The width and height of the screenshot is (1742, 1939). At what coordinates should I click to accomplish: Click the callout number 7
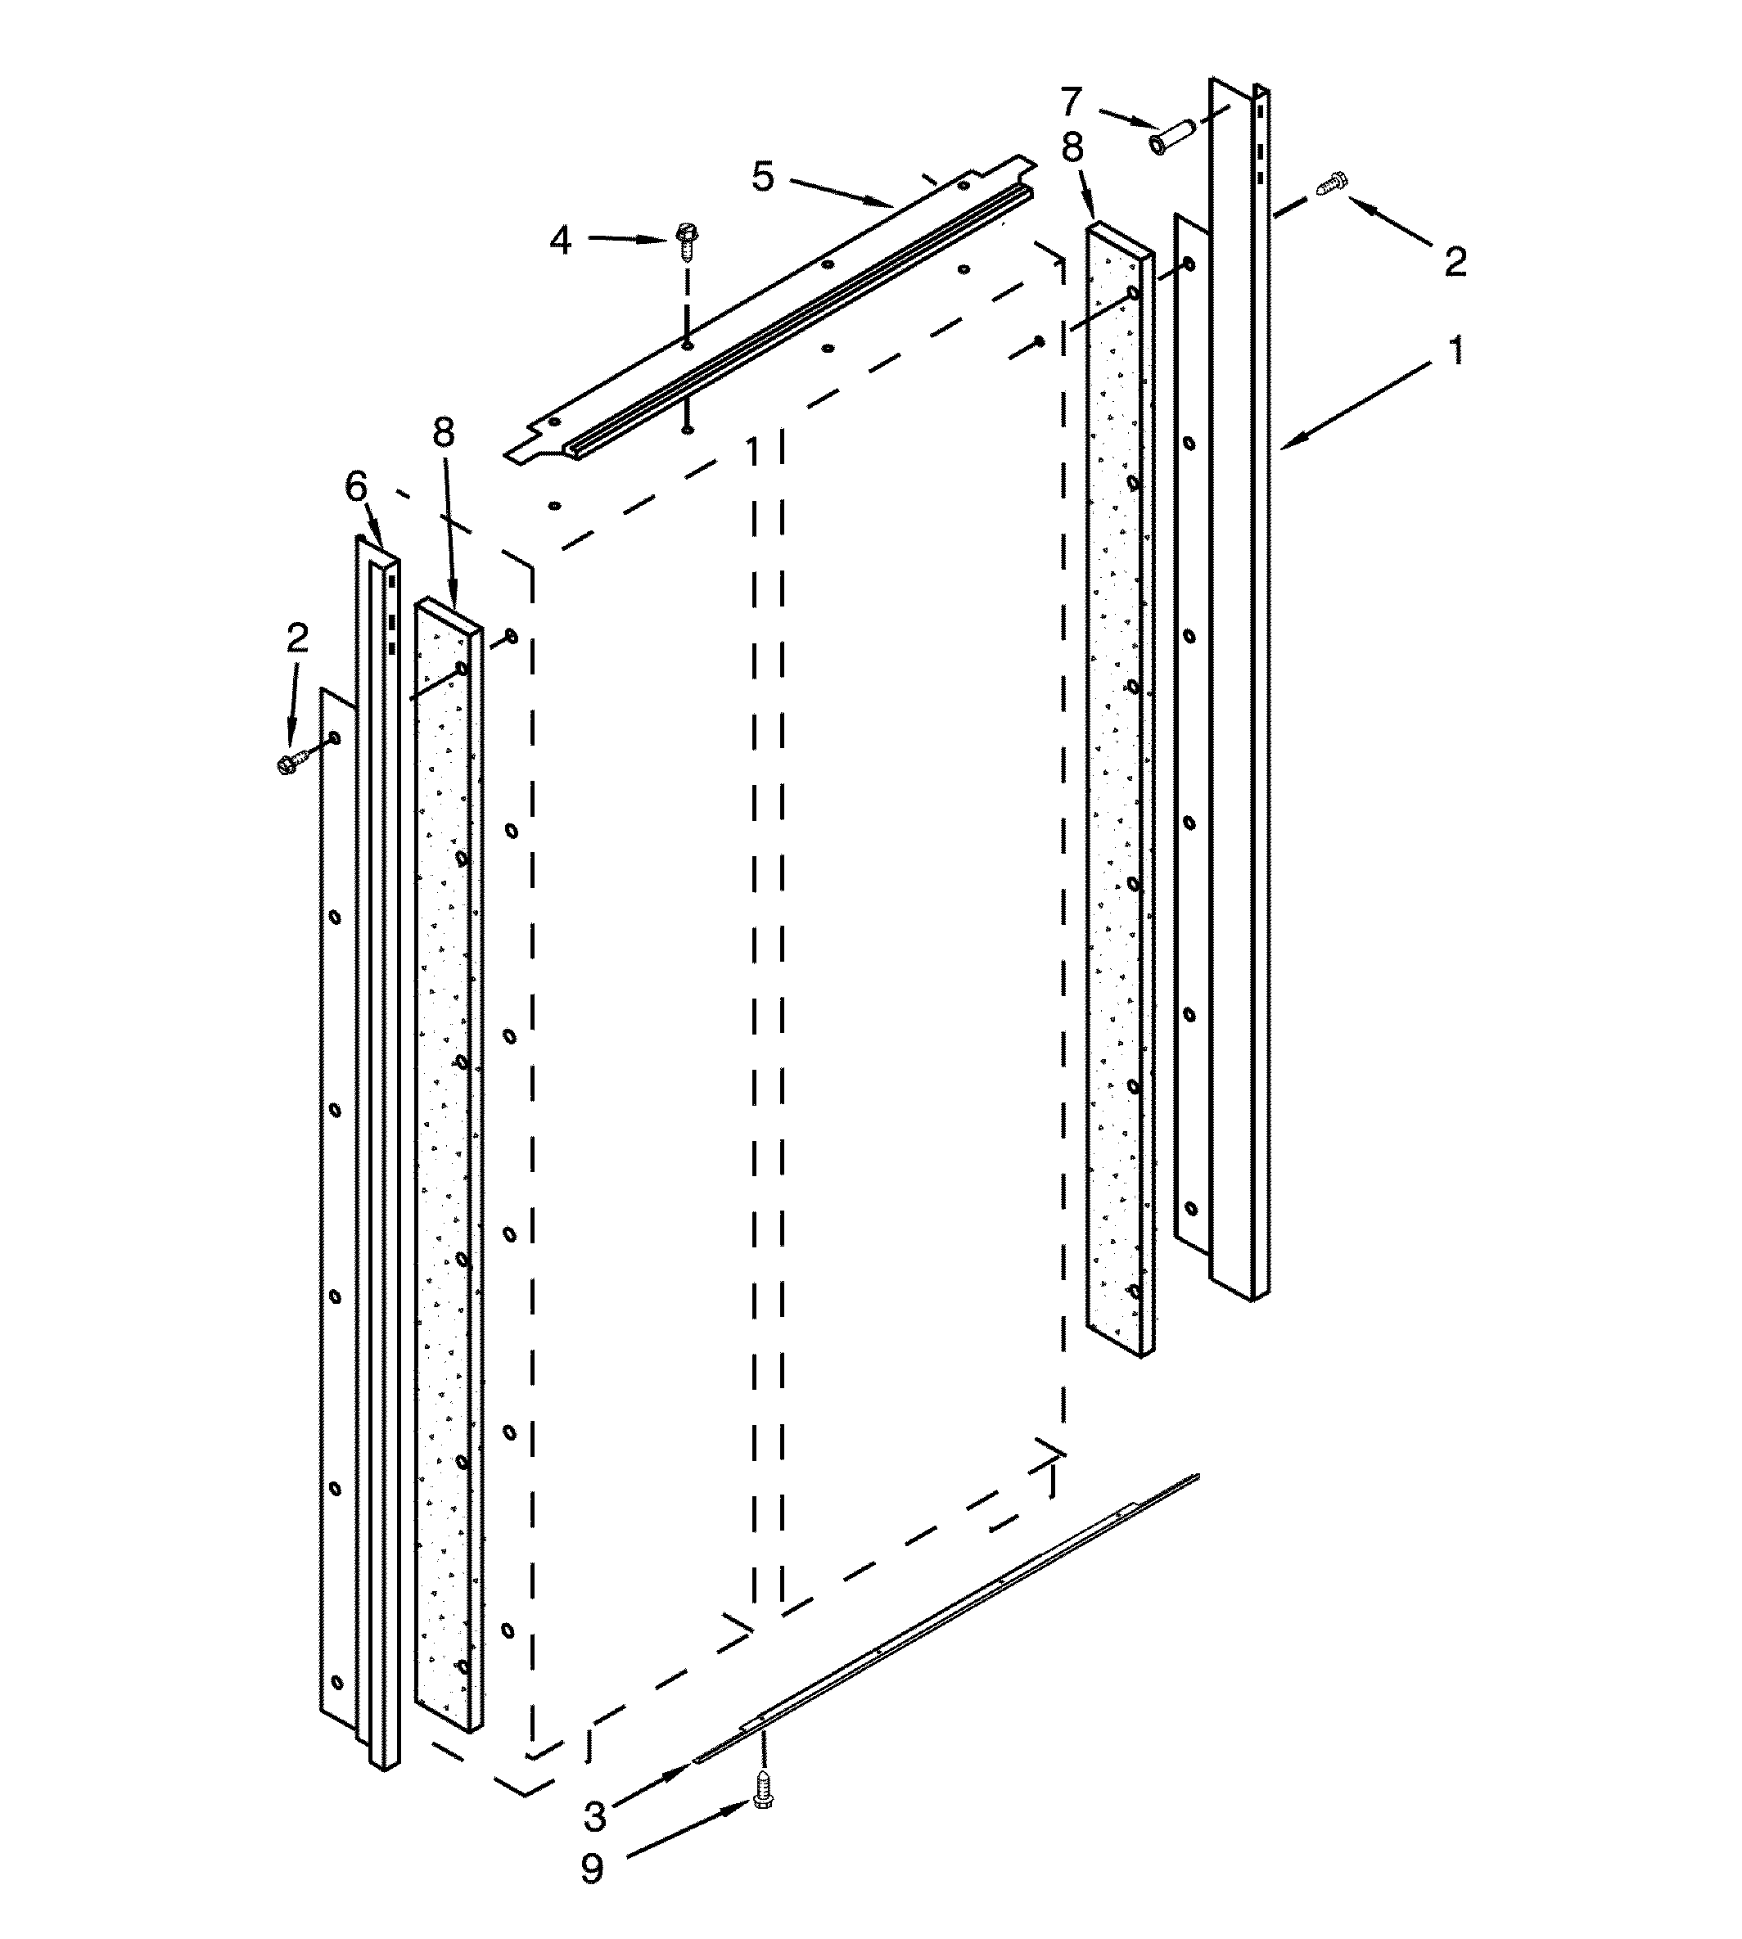pyautogui.click(x=1070, y=101)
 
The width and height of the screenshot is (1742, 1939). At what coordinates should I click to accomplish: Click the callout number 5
pyautogui.click(x=762, y=177)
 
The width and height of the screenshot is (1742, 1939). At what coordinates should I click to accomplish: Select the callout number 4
pyautogui.click(x=561, y=239)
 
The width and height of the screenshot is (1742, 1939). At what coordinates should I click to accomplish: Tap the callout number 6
pyautogui.click(x=356, y=488)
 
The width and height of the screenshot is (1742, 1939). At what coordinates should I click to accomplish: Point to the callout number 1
pyautogui.click(x=1455, y=351)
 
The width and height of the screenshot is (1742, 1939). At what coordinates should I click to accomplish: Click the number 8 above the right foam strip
pyautogui.click(x=1072, y=147)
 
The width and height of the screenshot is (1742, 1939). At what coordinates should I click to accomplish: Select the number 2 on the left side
pyautogui.click(x=298, y=638)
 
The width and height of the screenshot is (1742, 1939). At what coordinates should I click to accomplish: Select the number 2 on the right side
pyautogui.click(x=1455, y=261)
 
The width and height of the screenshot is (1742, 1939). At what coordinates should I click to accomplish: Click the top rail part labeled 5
pyautogui.click(x=765, y=316)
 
